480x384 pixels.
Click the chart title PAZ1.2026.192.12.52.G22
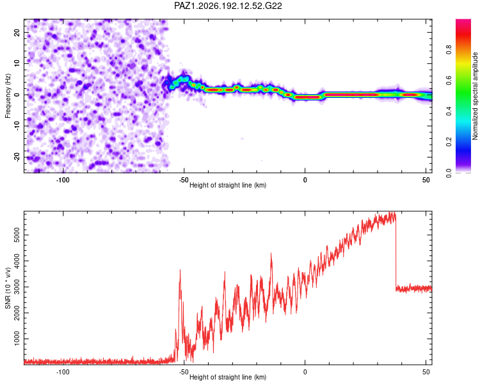pyautogui.click(x=228, y=6)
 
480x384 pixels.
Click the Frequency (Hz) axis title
pyautogui.click(x=8, y=96)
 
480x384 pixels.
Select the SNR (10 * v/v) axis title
pyautogui.click(x=8, y=288)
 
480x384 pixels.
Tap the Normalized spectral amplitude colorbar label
pyautogui.click(x=475, y=96)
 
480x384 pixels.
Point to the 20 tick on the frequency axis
pyautogui.click(x=17, y=32)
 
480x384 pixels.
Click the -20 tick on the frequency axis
pyautogui.click(x=17, y=157)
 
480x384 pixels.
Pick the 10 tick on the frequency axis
pyautogui.click(x=17, y=63)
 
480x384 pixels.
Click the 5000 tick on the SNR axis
pyautogui.click(x=17, y=235)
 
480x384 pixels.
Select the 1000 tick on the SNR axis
pyautogui.click(x=17, y=339)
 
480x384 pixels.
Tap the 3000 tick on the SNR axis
pyautogui.click(x=17, y=287)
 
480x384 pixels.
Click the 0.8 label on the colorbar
pyautogui.click(x=449, y=49)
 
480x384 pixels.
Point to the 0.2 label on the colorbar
pyautogui.click(x=449, y=142)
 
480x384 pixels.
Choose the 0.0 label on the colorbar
pyautogui.click(x=449, y=173)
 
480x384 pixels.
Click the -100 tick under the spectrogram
pyautogui.click(x=63, y=180)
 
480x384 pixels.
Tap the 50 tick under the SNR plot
pyautogui.click(x=426, y=372)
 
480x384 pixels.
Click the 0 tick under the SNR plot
pyautogui.click(x=305, y=372)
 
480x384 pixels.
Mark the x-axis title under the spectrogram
pyautogui.click(x=228, y=185)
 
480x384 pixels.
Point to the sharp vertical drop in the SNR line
pyautogui.click(x=396, y=252)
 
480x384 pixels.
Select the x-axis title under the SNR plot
pyautogui.click(x=228, y=377)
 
